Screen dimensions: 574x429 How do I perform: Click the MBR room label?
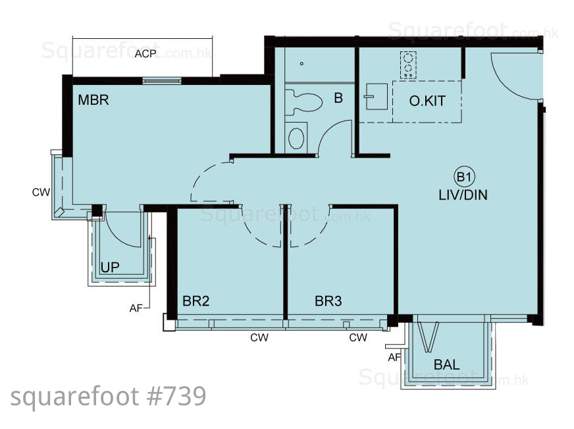[x=93, y=100]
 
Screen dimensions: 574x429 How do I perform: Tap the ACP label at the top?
[x=145, y=54]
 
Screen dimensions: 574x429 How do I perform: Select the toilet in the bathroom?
[x=303, y=101]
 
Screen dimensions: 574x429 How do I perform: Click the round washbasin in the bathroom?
[x=296, y=137]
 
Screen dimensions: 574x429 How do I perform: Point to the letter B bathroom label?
[x=338, y=98]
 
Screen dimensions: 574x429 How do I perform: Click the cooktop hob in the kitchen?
[x=408, y=65]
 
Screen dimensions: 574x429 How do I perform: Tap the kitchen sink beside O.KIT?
[x=376, y=96]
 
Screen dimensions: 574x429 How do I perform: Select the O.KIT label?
[x=428, y=101]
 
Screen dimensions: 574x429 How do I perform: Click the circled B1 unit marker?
[x=464, y=177]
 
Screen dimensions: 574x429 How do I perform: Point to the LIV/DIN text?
[x=463, y=194]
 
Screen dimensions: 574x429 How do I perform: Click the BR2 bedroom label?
[x=196, y=301]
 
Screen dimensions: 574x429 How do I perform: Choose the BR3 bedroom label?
[x=328, y=301]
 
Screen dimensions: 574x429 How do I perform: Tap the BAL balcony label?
[x=446, y=364]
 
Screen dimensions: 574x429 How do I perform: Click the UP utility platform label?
[x=110, y=268]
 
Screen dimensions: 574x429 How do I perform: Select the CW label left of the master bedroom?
[x=41, y=192]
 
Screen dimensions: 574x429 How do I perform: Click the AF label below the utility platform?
[x=136, y=308]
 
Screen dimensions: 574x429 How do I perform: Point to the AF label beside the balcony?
[x=394, y=357]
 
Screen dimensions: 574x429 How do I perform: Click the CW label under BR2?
[x=259, y=337]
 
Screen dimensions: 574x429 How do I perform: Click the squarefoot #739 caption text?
[x=109, y=397]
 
